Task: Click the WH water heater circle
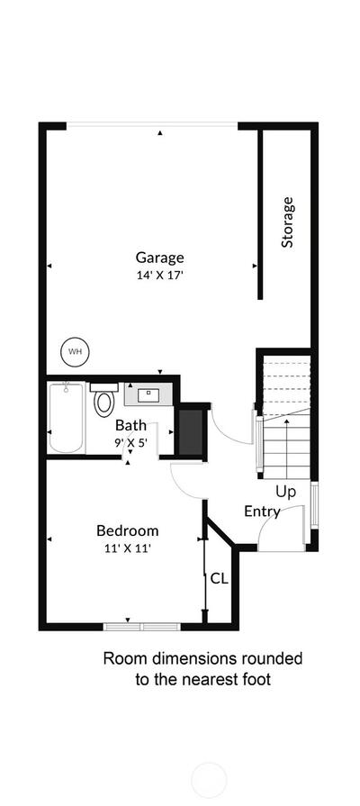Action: tap(75, 351)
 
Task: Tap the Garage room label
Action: tap(159, 257)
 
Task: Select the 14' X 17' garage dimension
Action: tap(159, 275)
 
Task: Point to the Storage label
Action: tap(288, 222)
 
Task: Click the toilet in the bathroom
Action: tap(103, 398)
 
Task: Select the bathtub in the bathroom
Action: tap(67, 417)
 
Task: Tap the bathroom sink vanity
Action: tap(148, 394)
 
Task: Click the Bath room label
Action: tap(130, 426)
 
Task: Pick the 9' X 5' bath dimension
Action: tap(130, 441)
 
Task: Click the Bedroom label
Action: tap(128, 530)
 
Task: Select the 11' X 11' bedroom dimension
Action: tap(128, 548)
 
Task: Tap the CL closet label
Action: tap(220, 578)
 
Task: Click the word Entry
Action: tap(262, 512)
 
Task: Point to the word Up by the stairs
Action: tap(285, 492)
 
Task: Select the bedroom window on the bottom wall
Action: tap(141, 627)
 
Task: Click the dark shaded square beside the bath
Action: tap(192, 431)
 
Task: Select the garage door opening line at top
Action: tap(152, 124)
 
